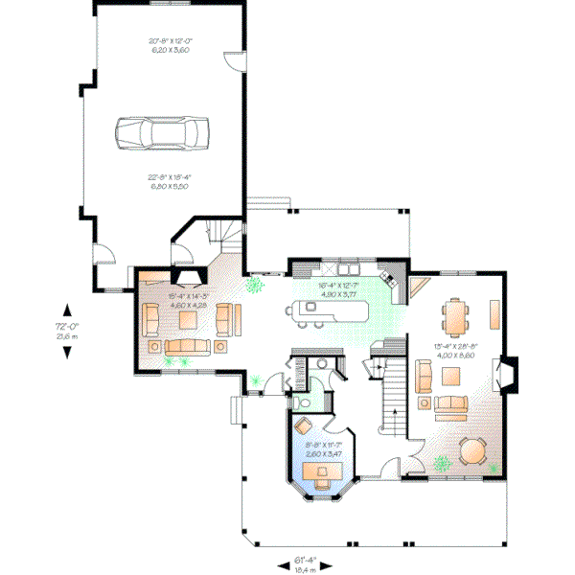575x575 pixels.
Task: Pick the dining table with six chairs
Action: click(456, 315)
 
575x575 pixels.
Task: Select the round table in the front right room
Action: click(472, 449)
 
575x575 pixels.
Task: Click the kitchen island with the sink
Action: click(315, 310)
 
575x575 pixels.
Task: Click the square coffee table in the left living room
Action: click(183, 316)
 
